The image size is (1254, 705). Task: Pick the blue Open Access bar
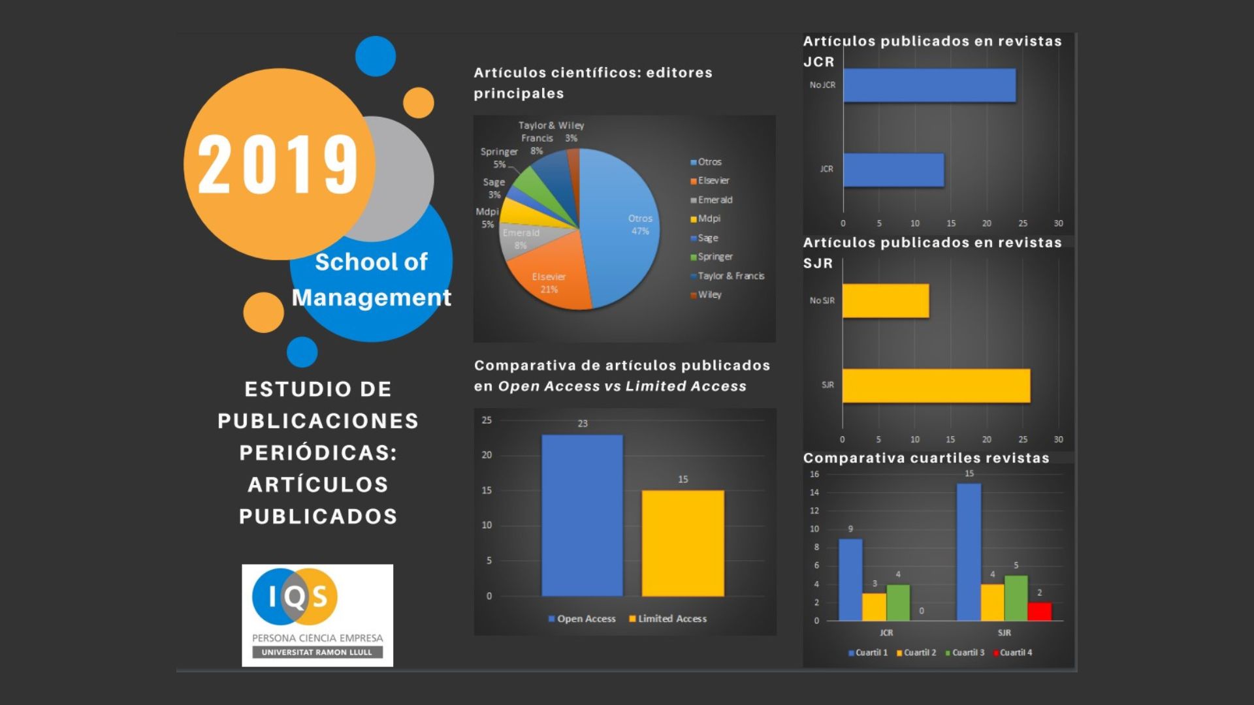point(582,515)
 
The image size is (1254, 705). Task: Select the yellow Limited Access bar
point(683,543)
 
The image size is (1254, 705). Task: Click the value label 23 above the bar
point(583,424)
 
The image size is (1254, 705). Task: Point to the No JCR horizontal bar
point(929,86)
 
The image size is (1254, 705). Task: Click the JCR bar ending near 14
point(893,170)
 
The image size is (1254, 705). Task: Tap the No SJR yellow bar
point(886,301)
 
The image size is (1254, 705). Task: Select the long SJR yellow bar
point(936,386)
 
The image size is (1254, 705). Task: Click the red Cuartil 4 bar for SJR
point(1039,612)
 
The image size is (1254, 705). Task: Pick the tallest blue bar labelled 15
point(969,552)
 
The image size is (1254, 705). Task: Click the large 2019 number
point(278,164)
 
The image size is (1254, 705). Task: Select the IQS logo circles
point(295,597)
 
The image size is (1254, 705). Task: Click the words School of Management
point(371,279)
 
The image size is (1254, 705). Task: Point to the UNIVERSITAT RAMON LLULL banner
point(317,652)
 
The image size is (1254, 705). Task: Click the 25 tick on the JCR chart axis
point(1023,223)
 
